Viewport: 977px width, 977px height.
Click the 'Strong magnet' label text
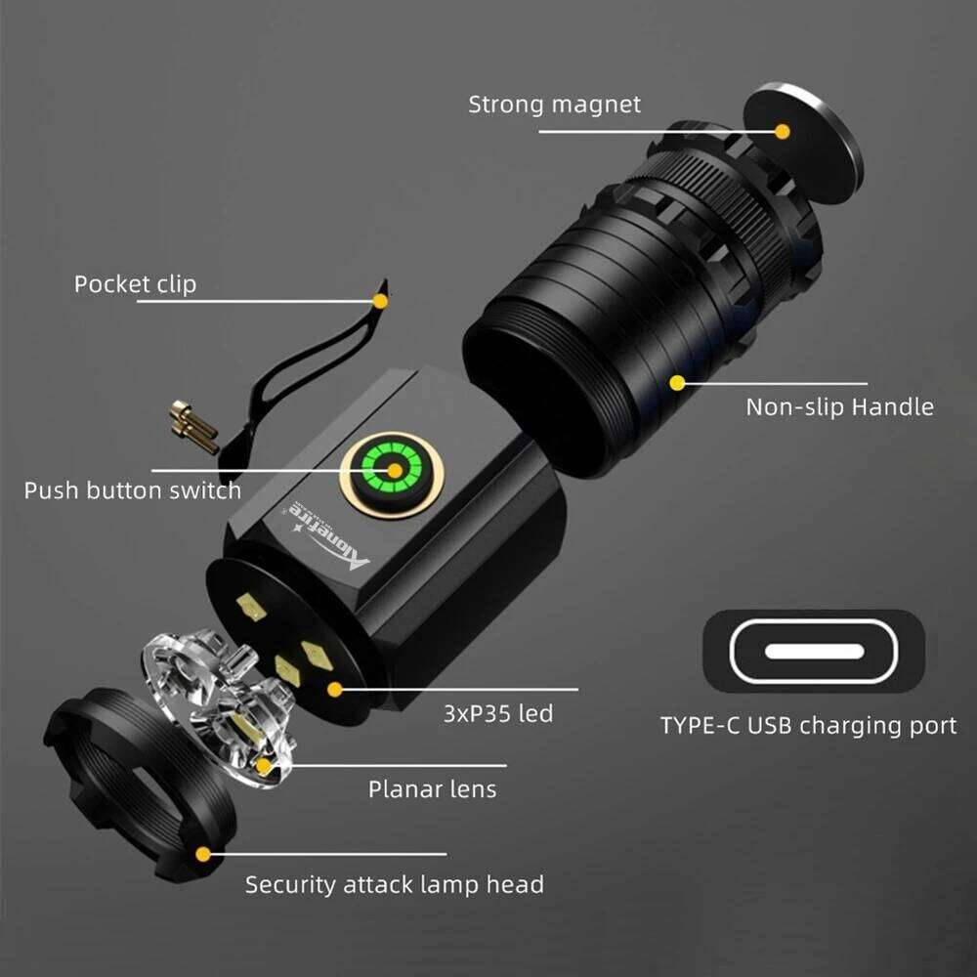(x=554, y=105)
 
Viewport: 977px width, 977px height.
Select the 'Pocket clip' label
(x=135, y=284)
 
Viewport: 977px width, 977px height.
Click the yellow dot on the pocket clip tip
(x=380, y=301)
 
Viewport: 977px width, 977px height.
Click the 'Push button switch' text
(x=132, y=489)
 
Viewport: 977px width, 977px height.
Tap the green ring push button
(x=394, y=471)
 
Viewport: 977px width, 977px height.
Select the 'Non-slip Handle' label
(x=839, y=406)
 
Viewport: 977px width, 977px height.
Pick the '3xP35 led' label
(x=498, y=713)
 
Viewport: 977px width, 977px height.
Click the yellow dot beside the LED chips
(x=335, y=690)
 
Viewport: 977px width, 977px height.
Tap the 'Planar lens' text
(x=432, y=788)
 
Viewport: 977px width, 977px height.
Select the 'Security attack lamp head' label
(x=394, y=885)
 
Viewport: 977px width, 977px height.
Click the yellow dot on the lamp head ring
(x=202, y=853)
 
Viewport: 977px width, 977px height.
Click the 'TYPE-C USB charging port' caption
(x=808, y=726)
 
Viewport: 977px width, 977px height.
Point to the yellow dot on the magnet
(x=782, y=131)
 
